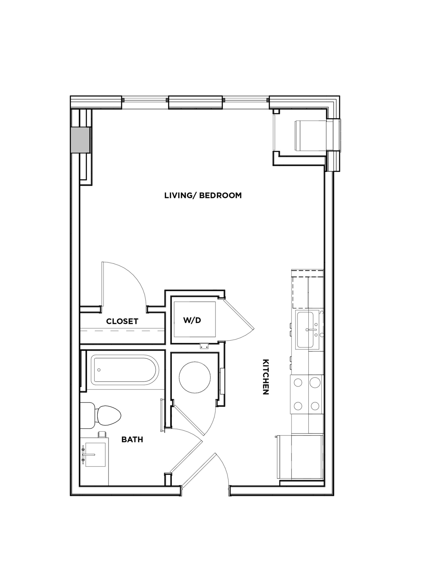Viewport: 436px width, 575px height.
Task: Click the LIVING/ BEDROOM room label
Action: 203,195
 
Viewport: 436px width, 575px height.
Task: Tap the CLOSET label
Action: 122,321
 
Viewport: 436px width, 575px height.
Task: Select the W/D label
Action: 192,320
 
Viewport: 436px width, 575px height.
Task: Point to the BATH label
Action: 132,440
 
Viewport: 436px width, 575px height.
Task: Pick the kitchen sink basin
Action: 305,330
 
